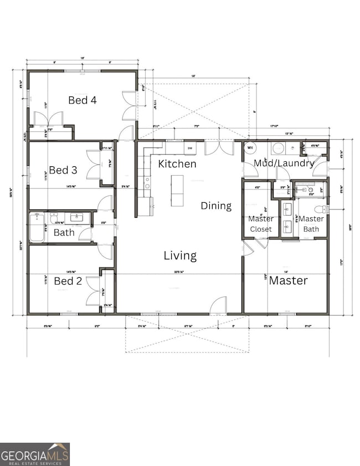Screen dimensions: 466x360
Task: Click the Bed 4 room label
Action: click(83, 100)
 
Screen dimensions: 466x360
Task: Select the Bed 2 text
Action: click(68, 281)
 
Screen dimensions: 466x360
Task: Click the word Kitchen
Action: click(177, 164)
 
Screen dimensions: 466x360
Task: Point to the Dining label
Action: click(216, 206)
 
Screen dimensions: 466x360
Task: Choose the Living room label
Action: click(180, 255)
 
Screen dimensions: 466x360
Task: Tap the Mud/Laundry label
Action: click(284, 163)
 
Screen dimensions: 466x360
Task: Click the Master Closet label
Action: click(260, 224)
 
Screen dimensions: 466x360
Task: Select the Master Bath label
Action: click(312, 224)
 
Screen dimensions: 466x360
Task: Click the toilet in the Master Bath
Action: click(320, 209)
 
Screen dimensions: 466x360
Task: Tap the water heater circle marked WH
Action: click(250, 148)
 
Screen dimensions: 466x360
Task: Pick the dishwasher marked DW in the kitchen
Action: click(189, 148)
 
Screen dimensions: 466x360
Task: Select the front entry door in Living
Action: click(219, 305)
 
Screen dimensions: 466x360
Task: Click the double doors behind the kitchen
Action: click(219, 147)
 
